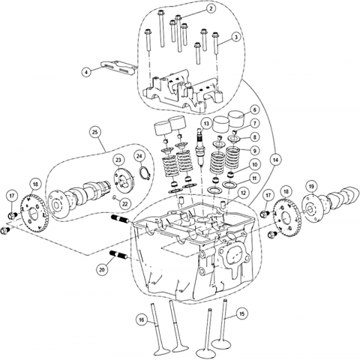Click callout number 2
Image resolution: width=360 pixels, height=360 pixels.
(x=211, y=9)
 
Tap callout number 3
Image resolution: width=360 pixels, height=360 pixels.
(x=235, y=37)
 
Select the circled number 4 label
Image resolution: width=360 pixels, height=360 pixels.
(x=86, y=72)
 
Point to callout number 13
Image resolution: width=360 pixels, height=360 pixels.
(x=206, y=124)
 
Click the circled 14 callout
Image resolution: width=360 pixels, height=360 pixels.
(x=275, y=160)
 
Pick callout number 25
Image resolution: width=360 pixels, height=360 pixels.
(x=95, y=132)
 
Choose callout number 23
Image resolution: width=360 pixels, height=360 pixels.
(x=118, y=160)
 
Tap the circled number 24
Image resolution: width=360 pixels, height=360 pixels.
(x=139, y=156)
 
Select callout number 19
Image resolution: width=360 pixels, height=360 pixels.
(x=311, y=186)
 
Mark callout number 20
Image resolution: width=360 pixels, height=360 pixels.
(x=102, y=269)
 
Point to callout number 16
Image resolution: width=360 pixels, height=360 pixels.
(x=142, y=320)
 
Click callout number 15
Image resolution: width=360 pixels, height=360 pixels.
(x=241, y=313)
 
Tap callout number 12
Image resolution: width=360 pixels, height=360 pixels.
(x=243, y=193)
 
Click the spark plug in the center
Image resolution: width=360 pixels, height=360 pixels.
(x=199, y=148)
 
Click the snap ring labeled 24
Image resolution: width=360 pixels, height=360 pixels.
(x=145, y=172)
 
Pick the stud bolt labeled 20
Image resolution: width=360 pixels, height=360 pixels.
(x=119, y=256)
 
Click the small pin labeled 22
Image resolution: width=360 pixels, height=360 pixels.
(x=114, y=197)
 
